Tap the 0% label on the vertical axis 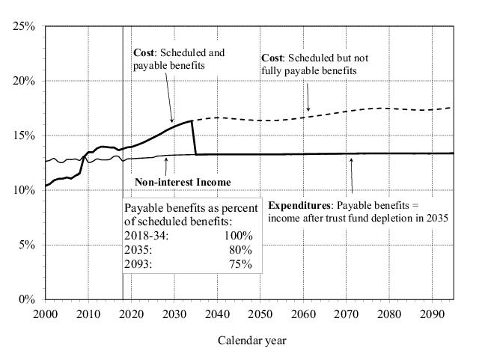click(28, 299)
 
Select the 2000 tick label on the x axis click(46, 314)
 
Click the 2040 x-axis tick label click(217, 314)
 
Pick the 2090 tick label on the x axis click(431, 314)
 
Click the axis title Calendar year click(251, 341)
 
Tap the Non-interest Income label click(183, 182)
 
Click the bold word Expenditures click(299, 205)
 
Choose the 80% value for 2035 click(242, 250)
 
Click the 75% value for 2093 click(242, 264)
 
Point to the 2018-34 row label click(147, 236)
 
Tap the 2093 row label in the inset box click(140, 264)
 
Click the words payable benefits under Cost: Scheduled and click(168, 67)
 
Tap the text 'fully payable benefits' click(308, 71)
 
